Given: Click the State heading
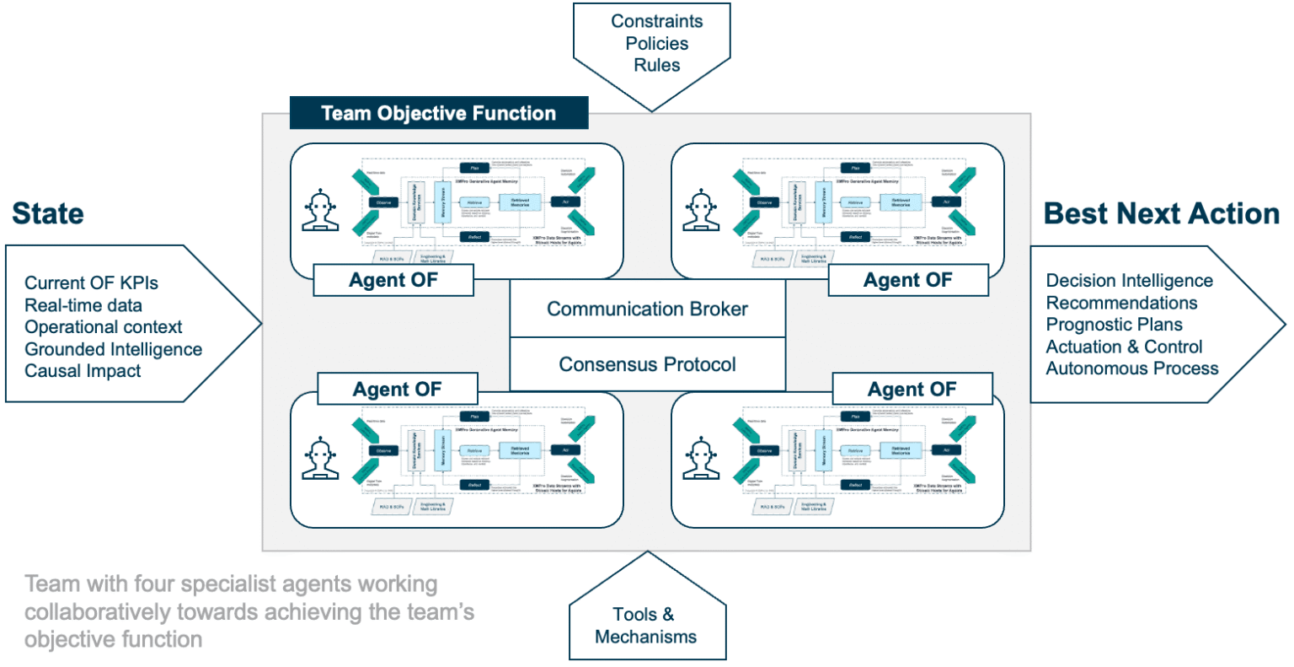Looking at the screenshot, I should point(48,214).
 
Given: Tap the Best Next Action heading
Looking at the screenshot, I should point(1162,214).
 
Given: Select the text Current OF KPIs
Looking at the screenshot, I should point(91,283).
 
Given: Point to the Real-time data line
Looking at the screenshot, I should point(83,305).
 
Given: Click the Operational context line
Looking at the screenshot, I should point(103,327).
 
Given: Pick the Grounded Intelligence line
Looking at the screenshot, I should point(113,349).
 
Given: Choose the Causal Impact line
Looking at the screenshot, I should point(83,371).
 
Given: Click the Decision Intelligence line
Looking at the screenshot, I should point(1129,281).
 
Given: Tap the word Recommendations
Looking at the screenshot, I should point(1121,303).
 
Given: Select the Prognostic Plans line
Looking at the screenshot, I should point(1114,325).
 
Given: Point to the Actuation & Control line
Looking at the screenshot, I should point(1124,347).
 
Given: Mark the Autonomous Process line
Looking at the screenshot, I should point(1131,368).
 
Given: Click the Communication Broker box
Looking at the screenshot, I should point(647,309).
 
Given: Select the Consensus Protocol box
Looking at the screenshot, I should point(647,365).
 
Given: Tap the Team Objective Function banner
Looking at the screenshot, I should point(438,114).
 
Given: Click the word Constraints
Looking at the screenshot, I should point(656,22).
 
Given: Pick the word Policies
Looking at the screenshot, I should point(656,44).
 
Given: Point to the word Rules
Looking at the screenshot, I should point(656,66).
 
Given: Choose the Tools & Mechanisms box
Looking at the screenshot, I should point(645,626).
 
